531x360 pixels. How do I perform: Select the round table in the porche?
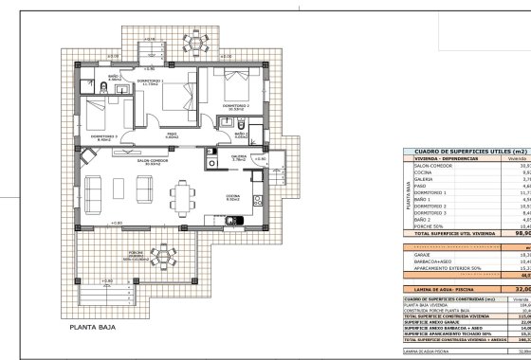click(163, 282)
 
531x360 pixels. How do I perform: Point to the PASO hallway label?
click(173, 135)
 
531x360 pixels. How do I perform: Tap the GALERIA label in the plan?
click(238, 159)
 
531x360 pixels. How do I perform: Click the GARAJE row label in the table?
click(422, 255)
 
